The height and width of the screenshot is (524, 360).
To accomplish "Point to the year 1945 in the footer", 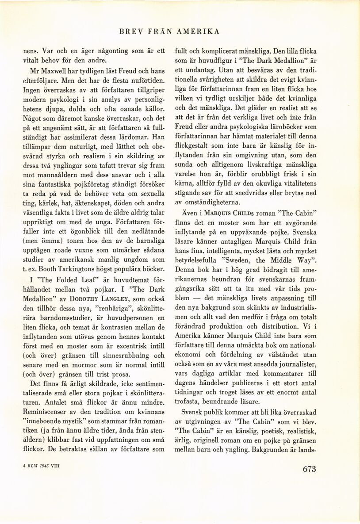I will click(x=43, y=466).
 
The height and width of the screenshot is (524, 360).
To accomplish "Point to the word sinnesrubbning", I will click(x=124, y=355).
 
